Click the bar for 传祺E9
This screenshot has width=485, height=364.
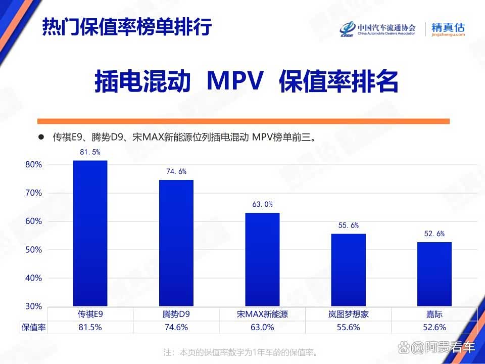90,233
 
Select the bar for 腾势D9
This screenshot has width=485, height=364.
176,243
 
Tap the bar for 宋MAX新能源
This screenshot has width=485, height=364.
262,259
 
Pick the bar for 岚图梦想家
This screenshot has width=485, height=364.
348,270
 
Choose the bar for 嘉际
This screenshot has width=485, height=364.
434,274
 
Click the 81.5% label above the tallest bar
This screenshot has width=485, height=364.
90,152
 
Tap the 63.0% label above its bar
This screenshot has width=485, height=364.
262,204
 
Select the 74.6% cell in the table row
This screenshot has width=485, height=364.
176,327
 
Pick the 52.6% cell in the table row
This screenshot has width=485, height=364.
434,327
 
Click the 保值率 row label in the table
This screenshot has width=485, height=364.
33,327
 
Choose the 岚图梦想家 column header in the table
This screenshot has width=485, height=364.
348,314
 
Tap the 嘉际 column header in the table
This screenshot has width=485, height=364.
434,314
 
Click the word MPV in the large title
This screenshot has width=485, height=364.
235,81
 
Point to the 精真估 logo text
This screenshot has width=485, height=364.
448,28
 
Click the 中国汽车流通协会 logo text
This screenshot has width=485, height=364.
386,27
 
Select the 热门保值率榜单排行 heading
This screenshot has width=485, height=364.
126,26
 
